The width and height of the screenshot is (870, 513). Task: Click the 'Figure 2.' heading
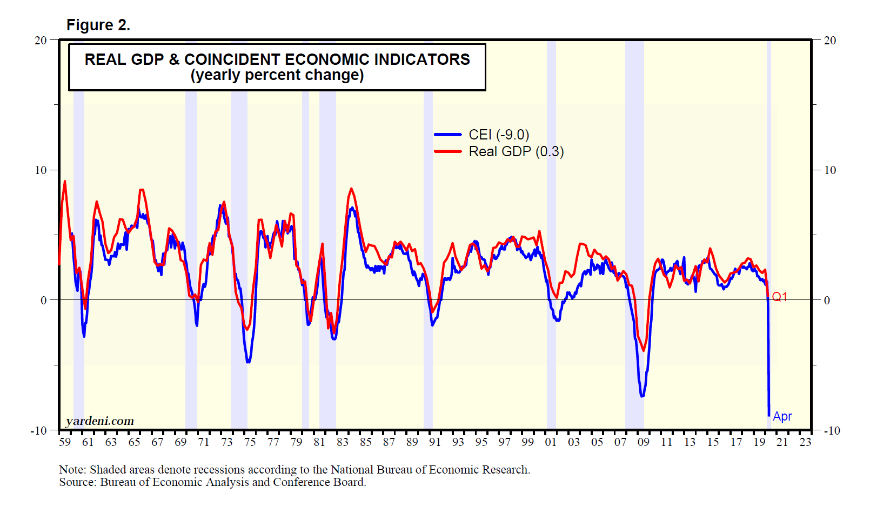point(98,25)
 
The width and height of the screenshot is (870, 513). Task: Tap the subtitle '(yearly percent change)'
point(277,75)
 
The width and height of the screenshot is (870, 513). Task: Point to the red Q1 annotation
point(780,297)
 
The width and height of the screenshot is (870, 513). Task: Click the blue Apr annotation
point(782,416)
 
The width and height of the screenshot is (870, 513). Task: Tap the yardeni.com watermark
point(100,421)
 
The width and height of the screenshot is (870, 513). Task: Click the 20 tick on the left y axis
point(41,41)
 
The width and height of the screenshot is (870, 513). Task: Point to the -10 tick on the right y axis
point(832,431)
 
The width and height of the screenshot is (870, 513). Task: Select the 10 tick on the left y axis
point(41,170)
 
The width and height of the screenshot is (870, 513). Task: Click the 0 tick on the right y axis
point(827,301)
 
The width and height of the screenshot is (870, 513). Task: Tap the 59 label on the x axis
point(65,442)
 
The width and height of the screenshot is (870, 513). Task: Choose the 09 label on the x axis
point(643,442)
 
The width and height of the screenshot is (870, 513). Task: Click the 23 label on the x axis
point(805,442)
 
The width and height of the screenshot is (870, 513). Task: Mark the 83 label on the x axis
point(343,442)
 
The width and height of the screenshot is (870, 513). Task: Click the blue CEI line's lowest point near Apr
point(769,415)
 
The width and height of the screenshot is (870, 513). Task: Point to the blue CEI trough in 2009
point(642,396)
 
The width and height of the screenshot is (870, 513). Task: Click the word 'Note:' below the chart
point(72,470)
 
